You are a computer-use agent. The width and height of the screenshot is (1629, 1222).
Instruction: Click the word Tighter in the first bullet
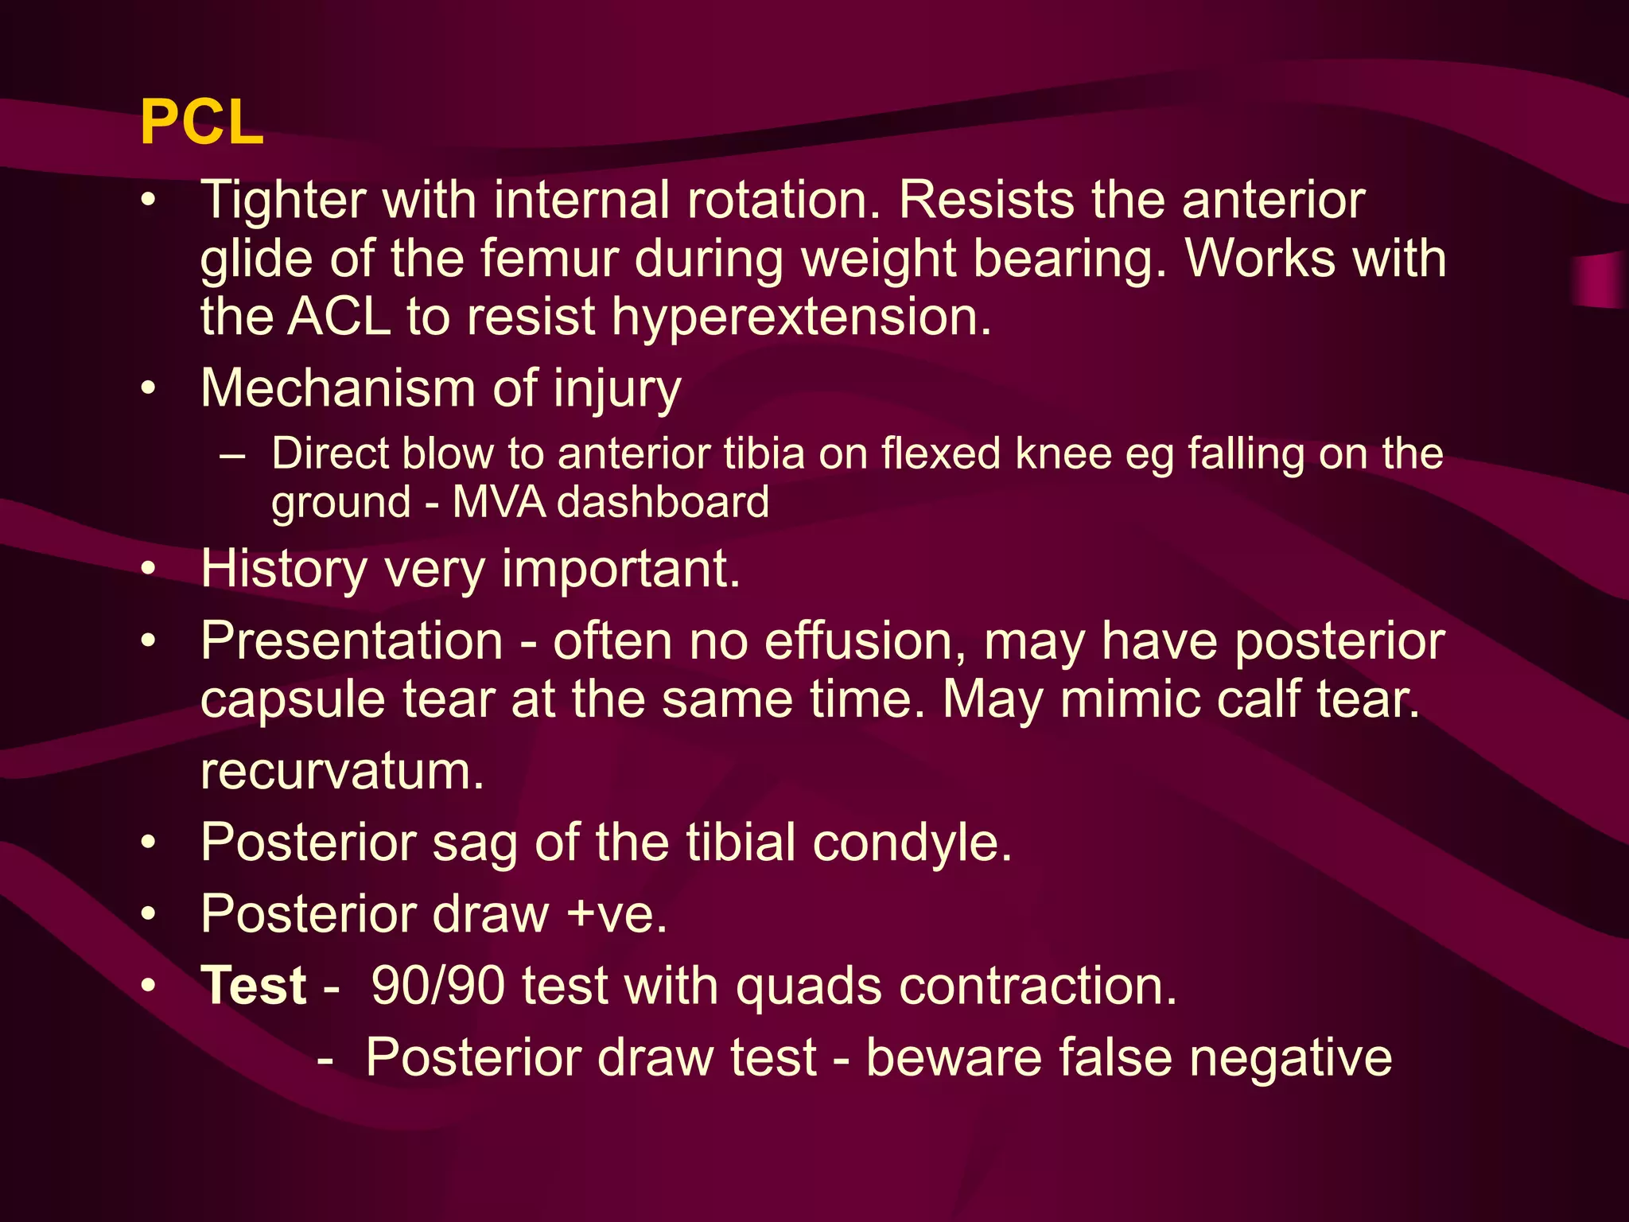click(x=283, y=200)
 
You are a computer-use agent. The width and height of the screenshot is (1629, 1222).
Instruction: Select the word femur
click(x=549, y=259)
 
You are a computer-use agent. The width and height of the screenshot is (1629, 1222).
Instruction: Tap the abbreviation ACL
click(x=338, y=317)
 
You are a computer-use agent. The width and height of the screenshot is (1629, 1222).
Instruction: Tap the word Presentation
click(x=352, y=641)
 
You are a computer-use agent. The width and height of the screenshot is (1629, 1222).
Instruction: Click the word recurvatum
click(x=342, y=772)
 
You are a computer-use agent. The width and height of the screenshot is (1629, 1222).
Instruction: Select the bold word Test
click(x=253, y=987)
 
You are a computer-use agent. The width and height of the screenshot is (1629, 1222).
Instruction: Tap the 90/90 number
click(x=437, y=987)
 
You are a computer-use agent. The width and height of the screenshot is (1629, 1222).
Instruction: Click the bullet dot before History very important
click(x=149, y=570)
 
